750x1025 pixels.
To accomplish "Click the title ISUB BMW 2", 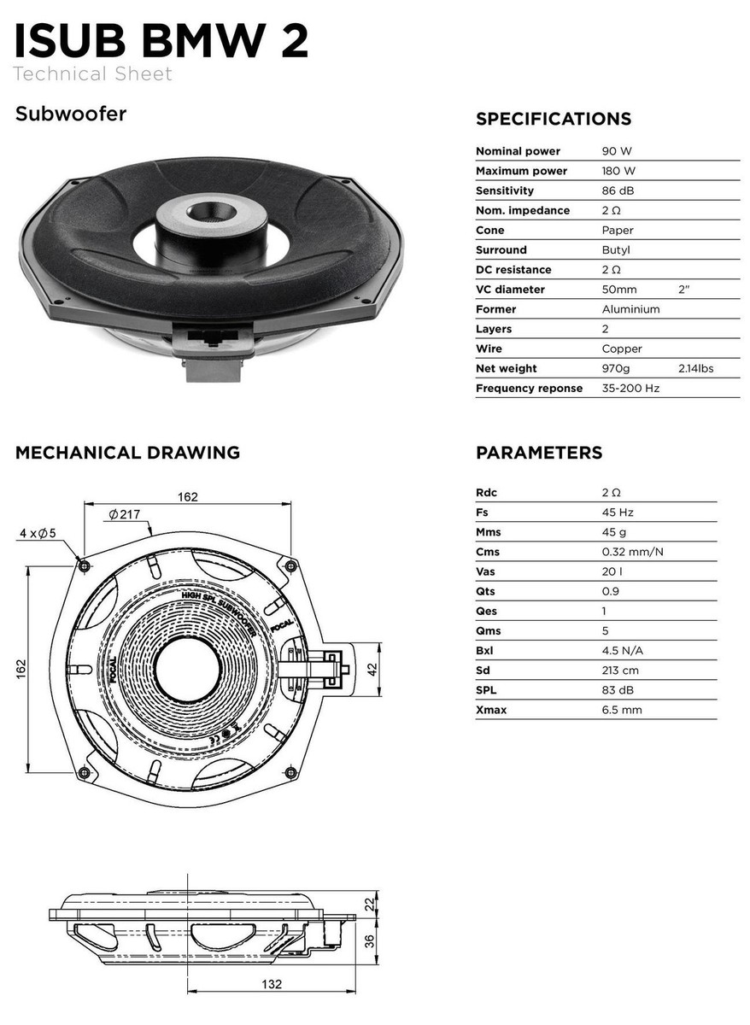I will (161, 40).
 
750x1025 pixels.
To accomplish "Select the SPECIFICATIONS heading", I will (553, 119).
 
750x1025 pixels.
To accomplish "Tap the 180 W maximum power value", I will (618, 171).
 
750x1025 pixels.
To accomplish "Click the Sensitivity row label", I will (504, 190).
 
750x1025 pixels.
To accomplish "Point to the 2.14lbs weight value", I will (695, 369).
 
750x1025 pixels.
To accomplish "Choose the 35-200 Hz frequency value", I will (630, 389).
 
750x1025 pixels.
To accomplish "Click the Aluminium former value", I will (630, 309).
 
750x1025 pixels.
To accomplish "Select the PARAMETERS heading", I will (538, 453).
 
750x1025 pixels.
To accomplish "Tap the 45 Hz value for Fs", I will (617, 512).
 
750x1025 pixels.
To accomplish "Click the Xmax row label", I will (490, 711).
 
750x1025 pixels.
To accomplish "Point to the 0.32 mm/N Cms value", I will (632, 552).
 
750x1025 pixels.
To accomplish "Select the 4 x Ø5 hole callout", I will (38, 534).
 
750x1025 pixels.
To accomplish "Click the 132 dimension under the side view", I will (271, 985).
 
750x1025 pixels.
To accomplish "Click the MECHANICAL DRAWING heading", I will (127, 453).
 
